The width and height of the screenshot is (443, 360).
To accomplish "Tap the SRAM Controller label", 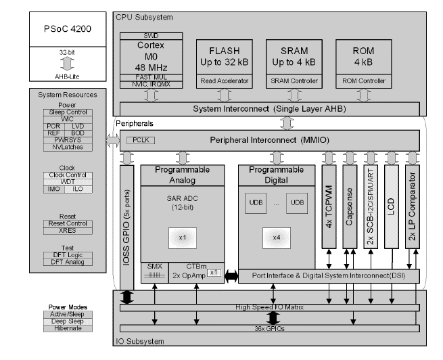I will pyautogui.click(x=287, y=81).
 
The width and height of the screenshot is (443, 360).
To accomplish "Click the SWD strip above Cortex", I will pyautogui.click(x=151, y=35).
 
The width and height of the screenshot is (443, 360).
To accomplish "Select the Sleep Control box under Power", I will pyautogui.click(x=66, y=112).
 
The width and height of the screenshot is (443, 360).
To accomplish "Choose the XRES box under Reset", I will pyautogui.click(x=66, y=231).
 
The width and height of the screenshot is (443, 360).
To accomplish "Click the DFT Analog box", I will pyautogui.click(x=66, y=261).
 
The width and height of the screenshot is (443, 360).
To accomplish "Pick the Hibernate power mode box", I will pyautogui.click(x=66, y=328).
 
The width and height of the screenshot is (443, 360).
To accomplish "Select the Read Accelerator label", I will pyautogui.click(x=223, y=81).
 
